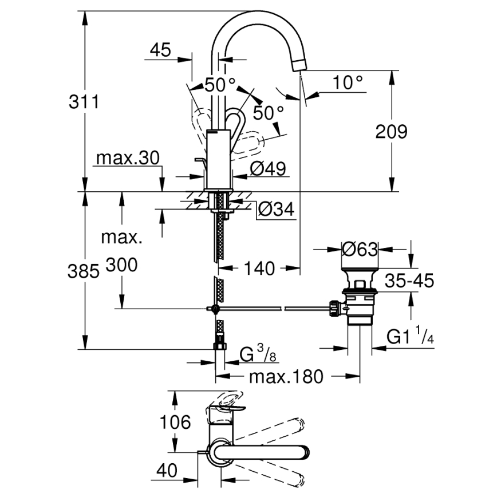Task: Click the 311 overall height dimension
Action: coord(84,102)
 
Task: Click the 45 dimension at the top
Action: coord(160,50)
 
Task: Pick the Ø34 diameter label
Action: coord(276,210)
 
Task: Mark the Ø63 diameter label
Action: coord(360,250)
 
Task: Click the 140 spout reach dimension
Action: coord(260,267)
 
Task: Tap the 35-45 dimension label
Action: coord(409,281)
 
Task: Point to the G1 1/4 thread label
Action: coord(410,338)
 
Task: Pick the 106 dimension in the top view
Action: coord(175,423)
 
